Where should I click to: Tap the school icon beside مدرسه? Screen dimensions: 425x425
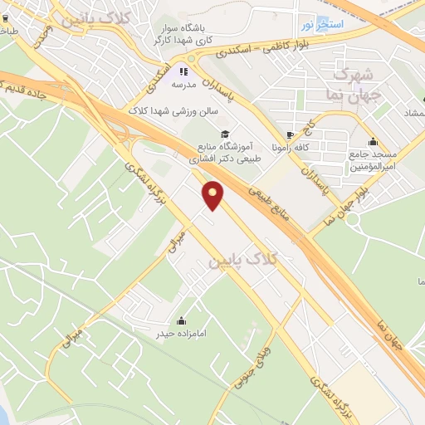pyautogui.click(x=184, y=71)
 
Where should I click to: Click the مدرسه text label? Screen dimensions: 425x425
pyautogui.click(x=184, y=85)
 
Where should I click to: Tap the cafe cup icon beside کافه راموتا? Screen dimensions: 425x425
pyautogui.click(x=289, y=134)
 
